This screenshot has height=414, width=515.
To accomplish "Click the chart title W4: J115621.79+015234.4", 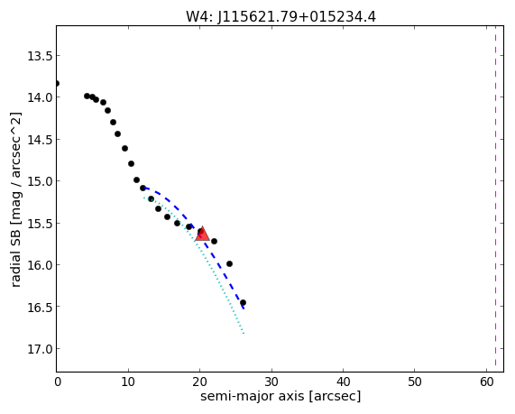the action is [x=280, y=16].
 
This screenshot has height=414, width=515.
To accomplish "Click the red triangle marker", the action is [x=202, y=234].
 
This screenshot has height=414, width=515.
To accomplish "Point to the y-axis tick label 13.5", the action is [x=40, y=56].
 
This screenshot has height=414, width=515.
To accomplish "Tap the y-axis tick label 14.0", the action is [x=40, y=97].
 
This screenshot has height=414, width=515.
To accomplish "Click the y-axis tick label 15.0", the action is [x=40, y=181].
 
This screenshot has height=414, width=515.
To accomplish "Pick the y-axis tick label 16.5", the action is [x=40, y=307].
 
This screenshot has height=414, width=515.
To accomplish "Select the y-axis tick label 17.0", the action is [x=40, y=349].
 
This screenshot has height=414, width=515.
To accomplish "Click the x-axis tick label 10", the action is [x=128, y=382].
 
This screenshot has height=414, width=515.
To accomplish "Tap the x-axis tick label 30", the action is [x=271, y=382].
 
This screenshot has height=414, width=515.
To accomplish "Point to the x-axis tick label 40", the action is [x=344, y=382].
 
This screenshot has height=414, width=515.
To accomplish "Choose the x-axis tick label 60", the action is [x=486, y=382].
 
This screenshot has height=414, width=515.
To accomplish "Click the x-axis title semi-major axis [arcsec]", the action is [x=280, y=396].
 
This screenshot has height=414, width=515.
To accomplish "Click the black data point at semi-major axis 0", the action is [x=57, y=84].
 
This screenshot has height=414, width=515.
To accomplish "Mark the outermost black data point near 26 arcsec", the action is [x=243, y=303].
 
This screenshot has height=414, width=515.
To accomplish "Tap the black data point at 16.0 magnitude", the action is [x=229, y=264].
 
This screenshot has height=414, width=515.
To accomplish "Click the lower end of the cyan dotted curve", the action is [x=244, y=333].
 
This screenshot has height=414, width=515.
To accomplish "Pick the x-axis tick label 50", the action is [x=415, y=382].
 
